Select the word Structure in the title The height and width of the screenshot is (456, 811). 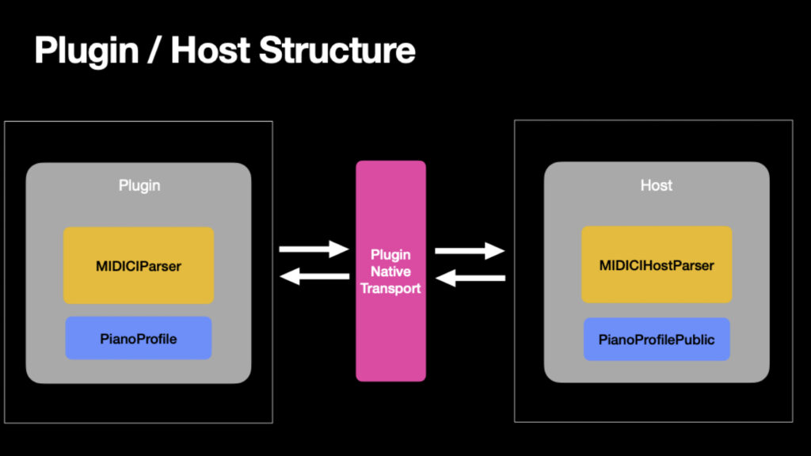coord(337,51)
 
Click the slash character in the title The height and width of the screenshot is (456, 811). coord(157,51)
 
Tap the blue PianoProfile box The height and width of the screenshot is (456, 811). coord(139,339)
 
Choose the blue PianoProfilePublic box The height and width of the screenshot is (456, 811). coord(656,340)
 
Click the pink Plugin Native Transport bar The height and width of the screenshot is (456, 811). coord(390,332)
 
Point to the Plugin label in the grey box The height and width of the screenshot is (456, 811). coord(139,185)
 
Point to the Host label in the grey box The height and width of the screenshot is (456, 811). coord(656,185)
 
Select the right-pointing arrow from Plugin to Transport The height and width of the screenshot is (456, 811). coord(314,249)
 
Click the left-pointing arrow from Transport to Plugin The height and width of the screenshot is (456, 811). coord(314,276)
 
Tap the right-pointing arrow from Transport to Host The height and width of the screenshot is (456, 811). coord(470,251)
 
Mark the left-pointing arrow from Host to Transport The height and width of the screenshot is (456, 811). coord(470,278)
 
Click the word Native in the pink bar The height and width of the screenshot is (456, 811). coord(390,272)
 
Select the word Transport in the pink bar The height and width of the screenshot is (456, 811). coord(390,288)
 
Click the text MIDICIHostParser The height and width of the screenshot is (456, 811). coord(656,265)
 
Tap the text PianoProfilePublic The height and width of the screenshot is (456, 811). coord(656,340)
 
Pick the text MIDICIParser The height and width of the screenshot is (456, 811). coord(139,266)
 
